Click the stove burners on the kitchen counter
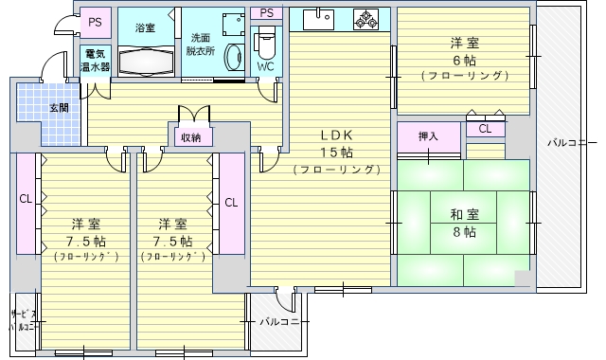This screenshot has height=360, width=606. tap(365, 19)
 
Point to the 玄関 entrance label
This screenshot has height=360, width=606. tap(60, 108)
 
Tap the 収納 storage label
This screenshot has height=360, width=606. tap(190, 136)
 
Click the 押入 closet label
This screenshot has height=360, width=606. tap(429, 136)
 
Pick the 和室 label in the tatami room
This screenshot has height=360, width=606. tap(463, 213)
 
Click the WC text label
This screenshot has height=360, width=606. tap(266, 68)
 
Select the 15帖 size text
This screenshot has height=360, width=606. tap(335, 151)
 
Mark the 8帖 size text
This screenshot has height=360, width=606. tap(463, 232)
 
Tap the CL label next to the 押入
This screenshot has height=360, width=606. tap(485, 128)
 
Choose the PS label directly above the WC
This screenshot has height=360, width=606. tap(267, 12)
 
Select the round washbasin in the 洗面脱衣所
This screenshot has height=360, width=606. tap(230, 56)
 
